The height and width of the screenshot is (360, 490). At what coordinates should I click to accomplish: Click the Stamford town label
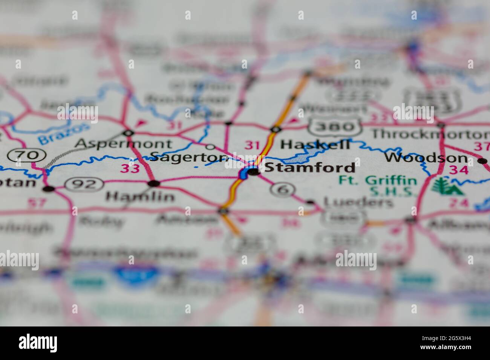point(310,167)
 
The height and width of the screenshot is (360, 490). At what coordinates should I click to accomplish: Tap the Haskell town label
point(315,144)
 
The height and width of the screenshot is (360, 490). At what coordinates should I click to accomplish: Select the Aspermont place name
point(124,143)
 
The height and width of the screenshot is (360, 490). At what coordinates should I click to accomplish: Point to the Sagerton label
point(189,157)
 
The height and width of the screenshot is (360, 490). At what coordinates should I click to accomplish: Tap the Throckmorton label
point(430,134)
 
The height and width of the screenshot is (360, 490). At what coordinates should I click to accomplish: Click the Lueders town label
point(358,203)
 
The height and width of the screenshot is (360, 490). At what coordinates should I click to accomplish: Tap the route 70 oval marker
point(27,155)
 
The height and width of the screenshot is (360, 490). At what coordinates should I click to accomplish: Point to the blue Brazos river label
point(64,134)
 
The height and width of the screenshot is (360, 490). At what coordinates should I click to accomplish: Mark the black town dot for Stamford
point(254,172)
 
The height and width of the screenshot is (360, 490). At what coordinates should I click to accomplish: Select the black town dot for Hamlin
point(154,183)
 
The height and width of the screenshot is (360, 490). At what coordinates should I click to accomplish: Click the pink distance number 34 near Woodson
point(458,170)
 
